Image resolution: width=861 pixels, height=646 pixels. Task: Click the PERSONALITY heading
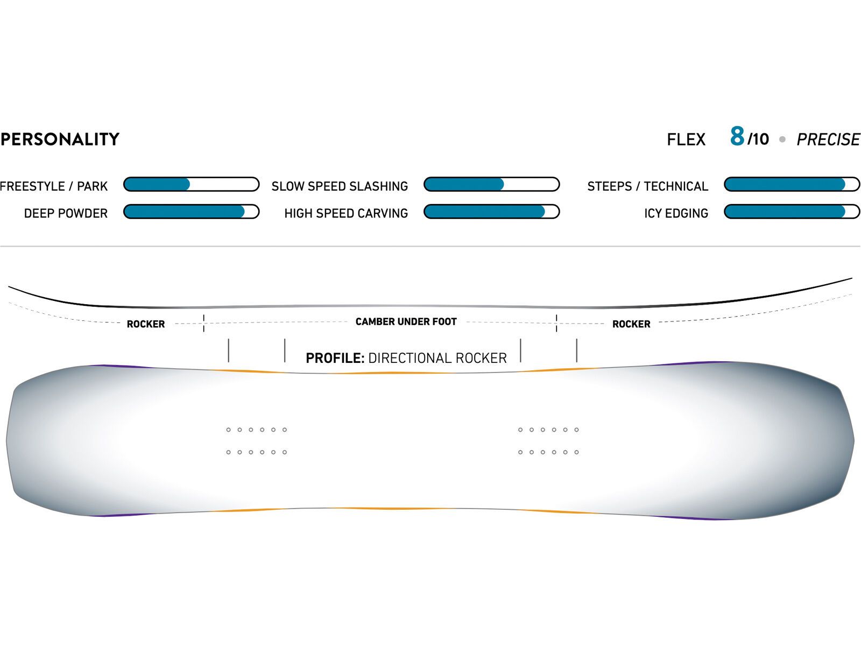(x=60, y=139)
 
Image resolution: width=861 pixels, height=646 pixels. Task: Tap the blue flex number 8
(x=737, y=136)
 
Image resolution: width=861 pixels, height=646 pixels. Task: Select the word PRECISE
(x=828, y=139)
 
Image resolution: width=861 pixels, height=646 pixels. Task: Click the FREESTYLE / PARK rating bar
(x=191, y=185)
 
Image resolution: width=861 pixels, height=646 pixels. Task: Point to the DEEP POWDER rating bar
(x=191, y=212)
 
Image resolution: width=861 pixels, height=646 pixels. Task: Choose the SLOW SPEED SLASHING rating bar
(x=491, y=185)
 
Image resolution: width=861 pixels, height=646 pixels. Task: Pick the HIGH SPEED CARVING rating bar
(x=491, y=212)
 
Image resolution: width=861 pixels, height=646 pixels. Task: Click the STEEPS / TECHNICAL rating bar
(x=792, y=185)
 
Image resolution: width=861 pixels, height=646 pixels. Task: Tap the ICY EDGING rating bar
(x=792, y=212)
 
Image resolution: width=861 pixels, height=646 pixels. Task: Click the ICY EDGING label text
(x=676, y=214)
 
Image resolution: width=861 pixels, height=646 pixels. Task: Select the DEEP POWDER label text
(x=66, y=214)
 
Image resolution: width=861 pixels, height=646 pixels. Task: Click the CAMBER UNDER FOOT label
(x=406, y=322)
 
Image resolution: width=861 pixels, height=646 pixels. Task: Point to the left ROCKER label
(x=146, y=324)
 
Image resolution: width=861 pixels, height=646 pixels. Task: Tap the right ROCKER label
(x=631, y=324)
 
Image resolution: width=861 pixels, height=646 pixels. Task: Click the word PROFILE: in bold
(x=335, y=358)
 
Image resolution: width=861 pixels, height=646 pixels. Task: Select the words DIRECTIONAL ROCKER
(x=437, y=358)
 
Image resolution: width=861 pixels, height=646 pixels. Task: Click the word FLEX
(x=686, y=140)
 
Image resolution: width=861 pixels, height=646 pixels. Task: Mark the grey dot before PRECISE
(x=782, y=139)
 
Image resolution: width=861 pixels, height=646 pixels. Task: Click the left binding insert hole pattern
(x=257, y=441)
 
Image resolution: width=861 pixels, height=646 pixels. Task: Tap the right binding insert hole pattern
(x=548, y=441)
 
